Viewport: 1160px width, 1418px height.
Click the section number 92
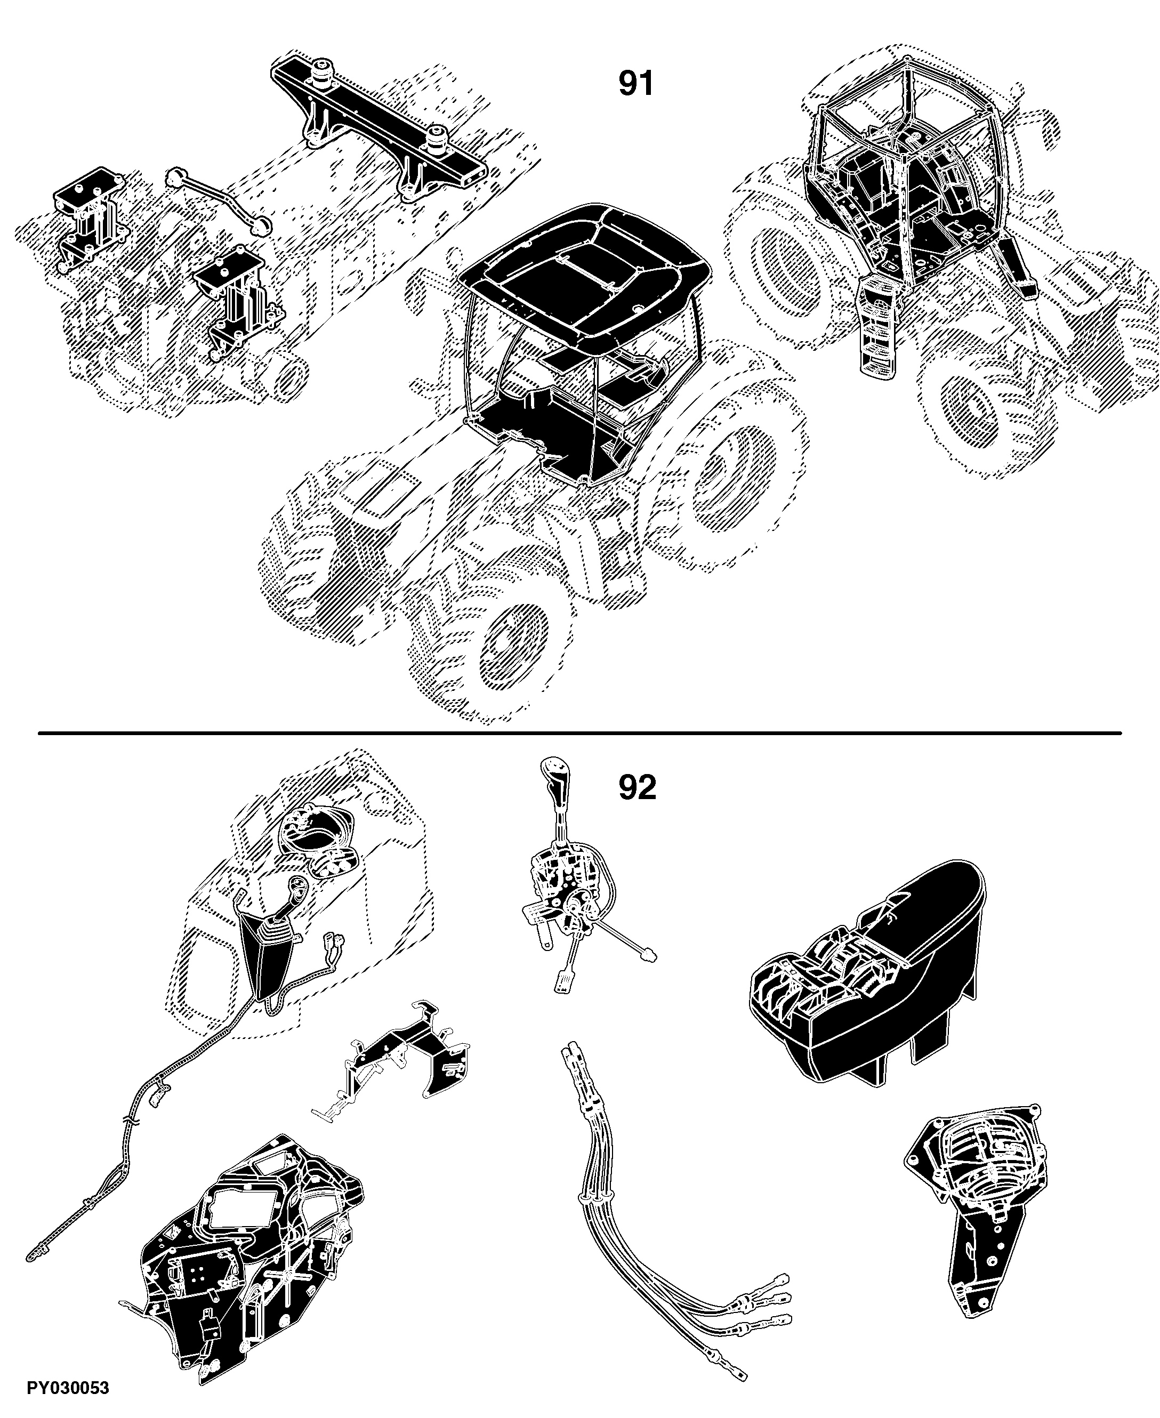[637, 788]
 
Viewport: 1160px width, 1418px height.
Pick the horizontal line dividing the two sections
[579, 733]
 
